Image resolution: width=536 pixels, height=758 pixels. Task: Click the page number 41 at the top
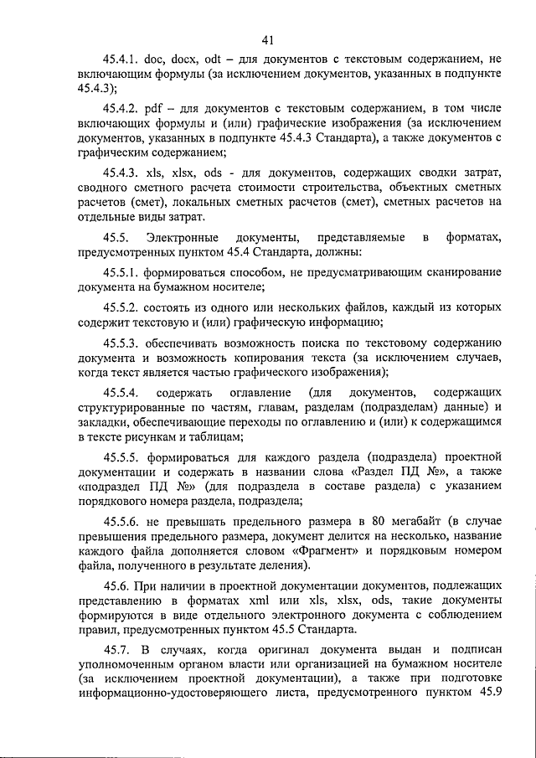[x=267, y=40]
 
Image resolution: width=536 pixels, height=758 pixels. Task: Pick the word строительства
[x=372, y=186]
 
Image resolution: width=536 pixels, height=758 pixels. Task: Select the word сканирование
[x=464, y=272]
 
